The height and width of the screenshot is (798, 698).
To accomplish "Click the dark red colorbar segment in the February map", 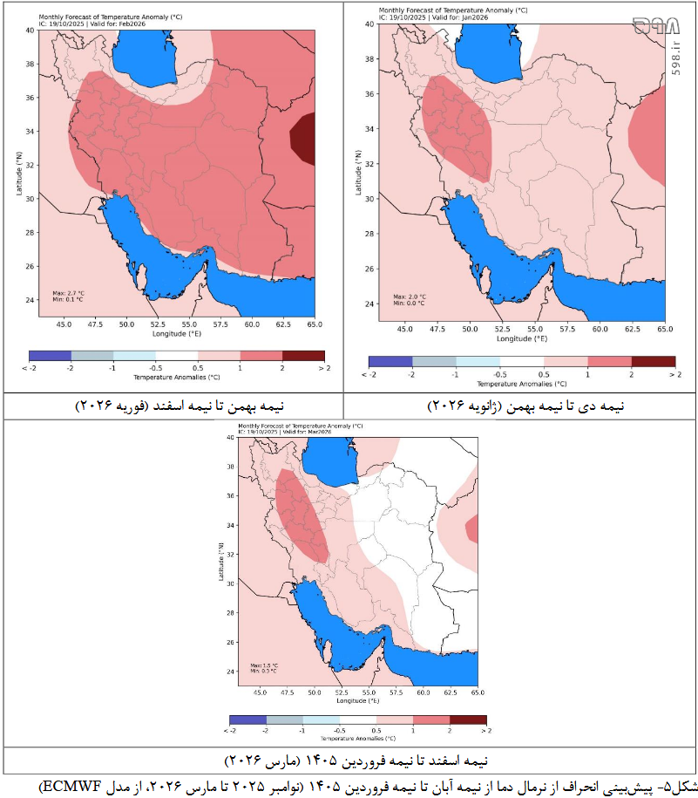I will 303,356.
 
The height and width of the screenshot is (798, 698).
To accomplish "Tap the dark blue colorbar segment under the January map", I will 390,361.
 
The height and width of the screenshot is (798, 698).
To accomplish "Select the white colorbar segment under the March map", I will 358,719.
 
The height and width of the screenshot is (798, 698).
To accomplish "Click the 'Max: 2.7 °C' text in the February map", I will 70,292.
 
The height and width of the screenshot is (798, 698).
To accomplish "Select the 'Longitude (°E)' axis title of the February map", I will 177,334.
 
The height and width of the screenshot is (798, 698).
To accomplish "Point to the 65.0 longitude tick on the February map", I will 315,324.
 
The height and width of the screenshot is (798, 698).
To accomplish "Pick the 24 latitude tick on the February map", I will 30,300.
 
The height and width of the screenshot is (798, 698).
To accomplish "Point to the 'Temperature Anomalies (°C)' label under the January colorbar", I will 521,383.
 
